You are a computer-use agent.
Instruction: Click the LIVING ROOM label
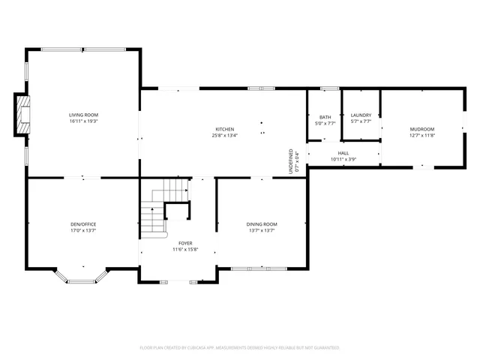pos(84,115)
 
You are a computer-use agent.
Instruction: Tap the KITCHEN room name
pos(225,129)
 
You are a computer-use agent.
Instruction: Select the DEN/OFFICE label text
pos(83,224)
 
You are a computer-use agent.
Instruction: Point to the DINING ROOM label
pos(262,224)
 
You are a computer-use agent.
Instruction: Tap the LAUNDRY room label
pos(361,115)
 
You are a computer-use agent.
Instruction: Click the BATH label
pos(325,117)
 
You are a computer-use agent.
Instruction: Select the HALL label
pos(343,152)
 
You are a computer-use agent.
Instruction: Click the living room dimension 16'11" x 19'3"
pos(84,121)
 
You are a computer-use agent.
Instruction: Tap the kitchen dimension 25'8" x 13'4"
pos(225,136)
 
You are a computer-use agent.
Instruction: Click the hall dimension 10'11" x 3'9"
pos(343,159)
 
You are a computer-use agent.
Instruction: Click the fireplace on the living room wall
pos(24,115)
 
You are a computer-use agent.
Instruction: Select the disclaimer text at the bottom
pos(240,348)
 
